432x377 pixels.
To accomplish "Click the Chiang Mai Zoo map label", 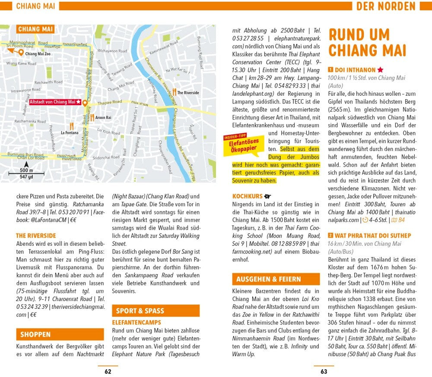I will click(x=38, y=54).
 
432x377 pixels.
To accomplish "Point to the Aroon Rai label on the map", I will click(x=103, y=117).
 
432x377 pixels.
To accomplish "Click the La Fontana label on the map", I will click(x=69, y=132).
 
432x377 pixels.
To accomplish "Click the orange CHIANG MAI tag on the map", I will click(x=35, y=29).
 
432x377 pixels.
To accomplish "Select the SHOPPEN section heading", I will click(x=36, y=334).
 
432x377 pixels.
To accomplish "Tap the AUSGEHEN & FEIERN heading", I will click(x=269, y=279).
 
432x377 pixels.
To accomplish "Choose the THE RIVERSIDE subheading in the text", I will click(x=36, y=236).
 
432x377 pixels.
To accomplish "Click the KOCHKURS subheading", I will click(x=247, y=196).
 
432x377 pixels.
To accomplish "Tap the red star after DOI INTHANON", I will click(x=380, y=69).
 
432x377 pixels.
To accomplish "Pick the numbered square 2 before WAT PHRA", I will click(x=330, y=236).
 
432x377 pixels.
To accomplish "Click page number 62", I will click(x=108, y=371).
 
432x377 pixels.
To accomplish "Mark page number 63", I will click(x=324, y=371).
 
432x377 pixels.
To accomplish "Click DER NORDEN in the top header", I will click(x=386, y=6).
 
